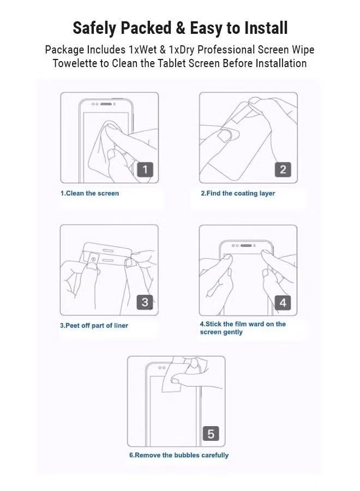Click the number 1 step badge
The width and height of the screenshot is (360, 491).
(145, 170)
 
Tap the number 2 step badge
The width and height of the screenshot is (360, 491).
(283, 170)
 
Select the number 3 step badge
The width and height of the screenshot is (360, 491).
(145, 302)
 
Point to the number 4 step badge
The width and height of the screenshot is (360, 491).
(283, 302)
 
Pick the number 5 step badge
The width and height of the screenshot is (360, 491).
(211, 434)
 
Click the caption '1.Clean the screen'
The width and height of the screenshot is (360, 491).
(89, 193)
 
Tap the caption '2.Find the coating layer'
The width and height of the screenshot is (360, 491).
(238, 193)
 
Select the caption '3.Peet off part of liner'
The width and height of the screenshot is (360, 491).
(94, 325)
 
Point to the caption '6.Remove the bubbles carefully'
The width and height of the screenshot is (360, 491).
(179, 455)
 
